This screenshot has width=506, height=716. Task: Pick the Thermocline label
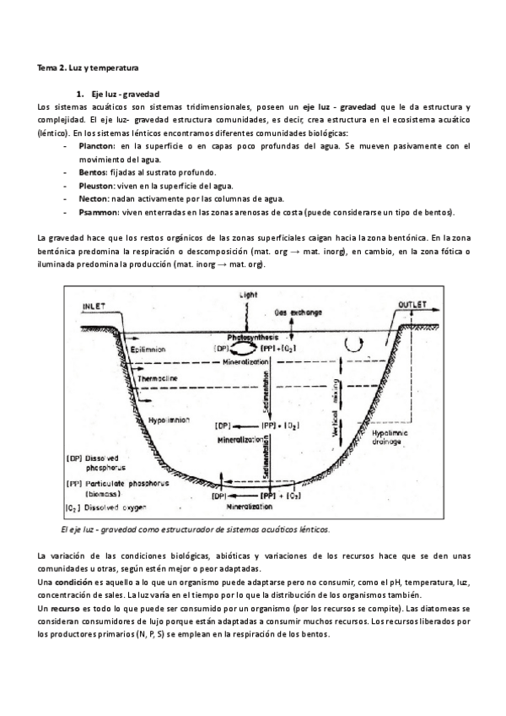pos(158,378)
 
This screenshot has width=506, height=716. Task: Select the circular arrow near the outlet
pos(362,343)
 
